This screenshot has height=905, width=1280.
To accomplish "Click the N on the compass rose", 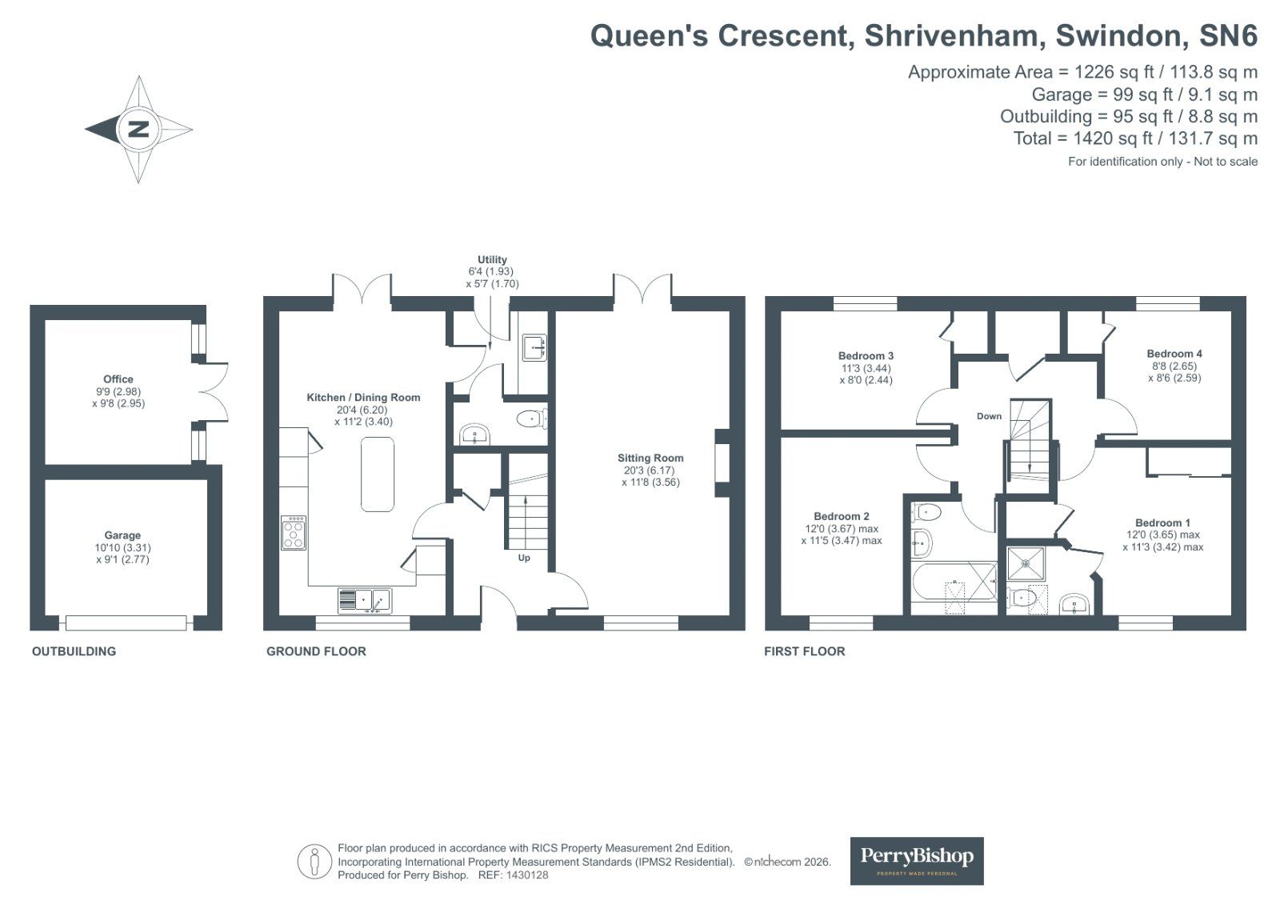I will point(138,129).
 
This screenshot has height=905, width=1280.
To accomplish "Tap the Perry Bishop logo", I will point(916,860).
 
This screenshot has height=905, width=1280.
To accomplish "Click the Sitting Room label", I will point(650,459).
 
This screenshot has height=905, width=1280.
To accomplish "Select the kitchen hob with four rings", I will point(294,533).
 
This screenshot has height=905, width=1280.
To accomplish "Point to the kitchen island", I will point(378,474).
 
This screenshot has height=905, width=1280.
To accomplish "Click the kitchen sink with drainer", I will point(364,600).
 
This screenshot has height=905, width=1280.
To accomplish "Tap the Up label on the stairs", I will point(524,558).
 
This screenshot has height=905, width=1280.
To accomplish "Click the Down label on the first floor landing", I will point(989,416).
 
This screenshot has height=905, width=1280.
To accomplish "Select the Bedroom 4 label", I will point(1174,354).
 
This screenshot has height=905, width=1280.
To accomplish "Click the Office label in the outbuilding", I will point(118,379).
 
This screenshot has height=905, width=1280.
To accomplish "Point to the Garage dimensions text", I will point(122,554).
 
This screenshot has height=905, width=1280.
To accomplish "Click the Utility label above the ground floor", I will point(492,260).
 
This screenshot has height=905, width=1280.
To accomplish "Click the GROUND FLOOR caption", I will point(316,651).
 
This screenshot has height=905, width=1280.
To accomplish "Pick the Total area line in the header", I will point(1134,138).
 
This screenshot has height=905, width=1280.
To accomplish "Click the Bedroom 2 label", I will point(841,517).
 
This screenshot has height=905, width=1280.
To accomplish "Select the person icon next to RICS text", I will point(315,862).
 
